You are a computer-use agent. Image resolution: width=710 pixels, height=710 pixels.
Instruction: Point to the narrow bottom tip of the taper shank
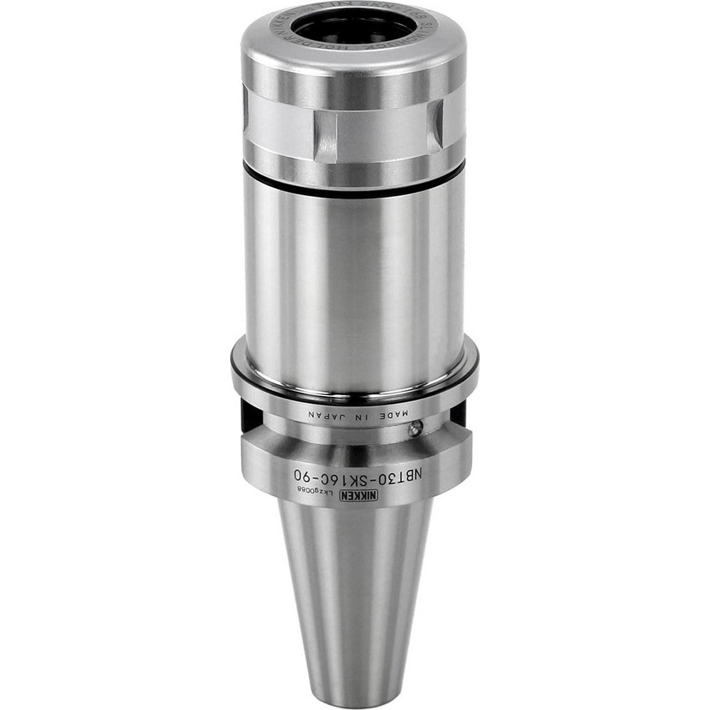tap(354, 682)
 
